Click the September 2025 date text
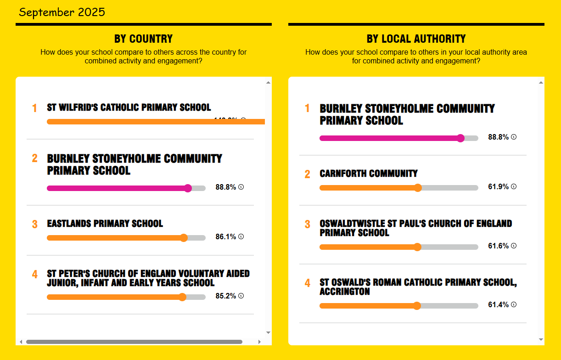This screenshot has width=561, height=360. (62, 12)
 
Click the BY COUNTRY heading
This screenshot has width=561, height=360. (143, 39)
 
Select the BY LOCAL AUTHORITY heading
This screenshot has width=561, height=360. (416, 39)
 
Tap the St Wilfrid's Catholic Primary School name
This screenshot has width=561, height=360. (129, 107)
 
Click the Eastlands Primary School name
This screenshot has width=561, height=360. (105, 224)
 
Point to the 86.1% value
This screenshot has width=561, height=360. (225, 237)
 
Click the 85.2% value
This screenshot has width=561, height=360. (225, 296)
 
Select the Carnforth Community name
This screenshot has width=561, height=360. (369, 174)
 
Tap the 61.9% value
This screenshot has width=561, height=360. (498, 187)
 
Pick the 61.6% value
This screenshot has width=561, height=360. (498, 246)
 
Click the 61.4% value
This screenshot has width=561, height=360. (498, 305)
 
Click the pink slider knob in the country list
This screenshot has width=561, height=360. (188, 188)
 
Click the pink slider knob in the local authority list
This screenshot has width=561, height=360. (460, 138)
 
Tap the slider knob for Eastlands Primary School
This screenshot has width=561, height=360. (184, 238)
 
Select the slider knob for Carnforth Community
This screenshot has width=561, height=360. (418, 188)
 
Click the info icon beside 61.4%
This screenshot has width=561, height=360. (514, 304)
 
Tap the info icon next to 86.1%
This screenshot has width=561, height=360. (241, 236)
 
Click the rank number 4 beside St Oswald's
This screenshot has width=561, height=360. (308, 283)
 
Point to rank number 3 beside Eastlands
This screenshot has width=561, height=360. (35, 225)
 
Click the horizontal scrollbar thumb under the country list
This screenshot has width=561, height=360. (134, 342)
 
